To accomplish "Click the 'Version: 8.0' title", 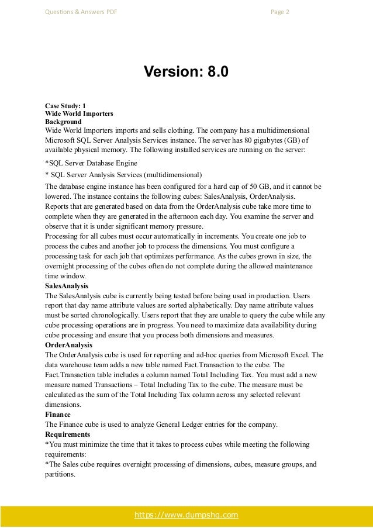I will (x=186, y=73).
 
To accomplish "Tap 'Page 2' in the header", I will (x=280, y=12).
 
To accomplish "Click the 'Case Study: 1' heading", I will (x=65, y=106).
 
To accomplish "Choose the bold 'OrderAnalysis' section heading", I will (x=68, y=346).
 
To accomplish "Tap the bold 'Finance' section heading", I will (x=58, y=414).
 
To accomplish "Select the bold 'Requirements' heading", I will (x=67, y=435).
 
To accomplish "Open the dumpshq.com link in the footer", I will (x=186, y=515).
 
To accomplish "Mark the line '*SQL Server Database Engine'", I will (x=91, y=163).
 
